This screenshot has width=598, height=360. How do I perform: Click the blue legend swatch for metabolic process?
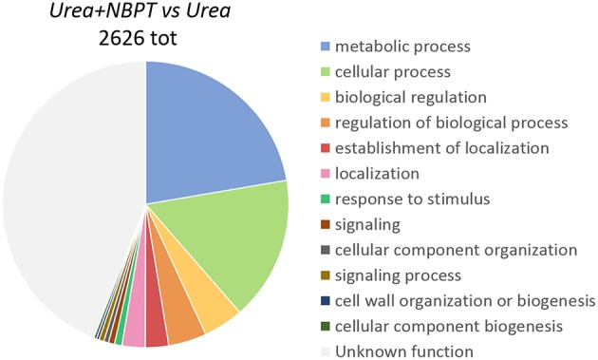pos(327,47)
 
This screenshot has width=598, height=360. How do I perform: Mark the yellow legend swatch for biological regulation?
pos(327,98)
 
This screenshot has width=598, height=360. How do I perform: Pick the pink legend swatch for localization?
pos(327,174)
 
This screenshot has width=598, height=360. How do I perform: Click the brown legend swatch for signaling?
pos(327,225)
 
